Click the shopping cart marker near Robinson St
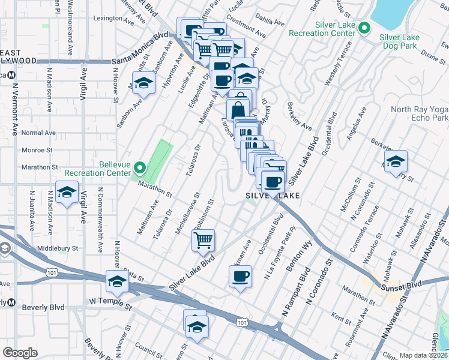203,241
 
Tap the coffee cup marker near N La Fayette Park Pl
240,277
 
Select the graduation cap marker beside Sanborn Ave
143,83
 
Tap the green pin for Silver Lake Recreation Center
363,28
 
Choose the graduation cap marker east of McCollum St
396,161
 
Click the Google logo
20,353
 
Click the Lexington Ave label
112,18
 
